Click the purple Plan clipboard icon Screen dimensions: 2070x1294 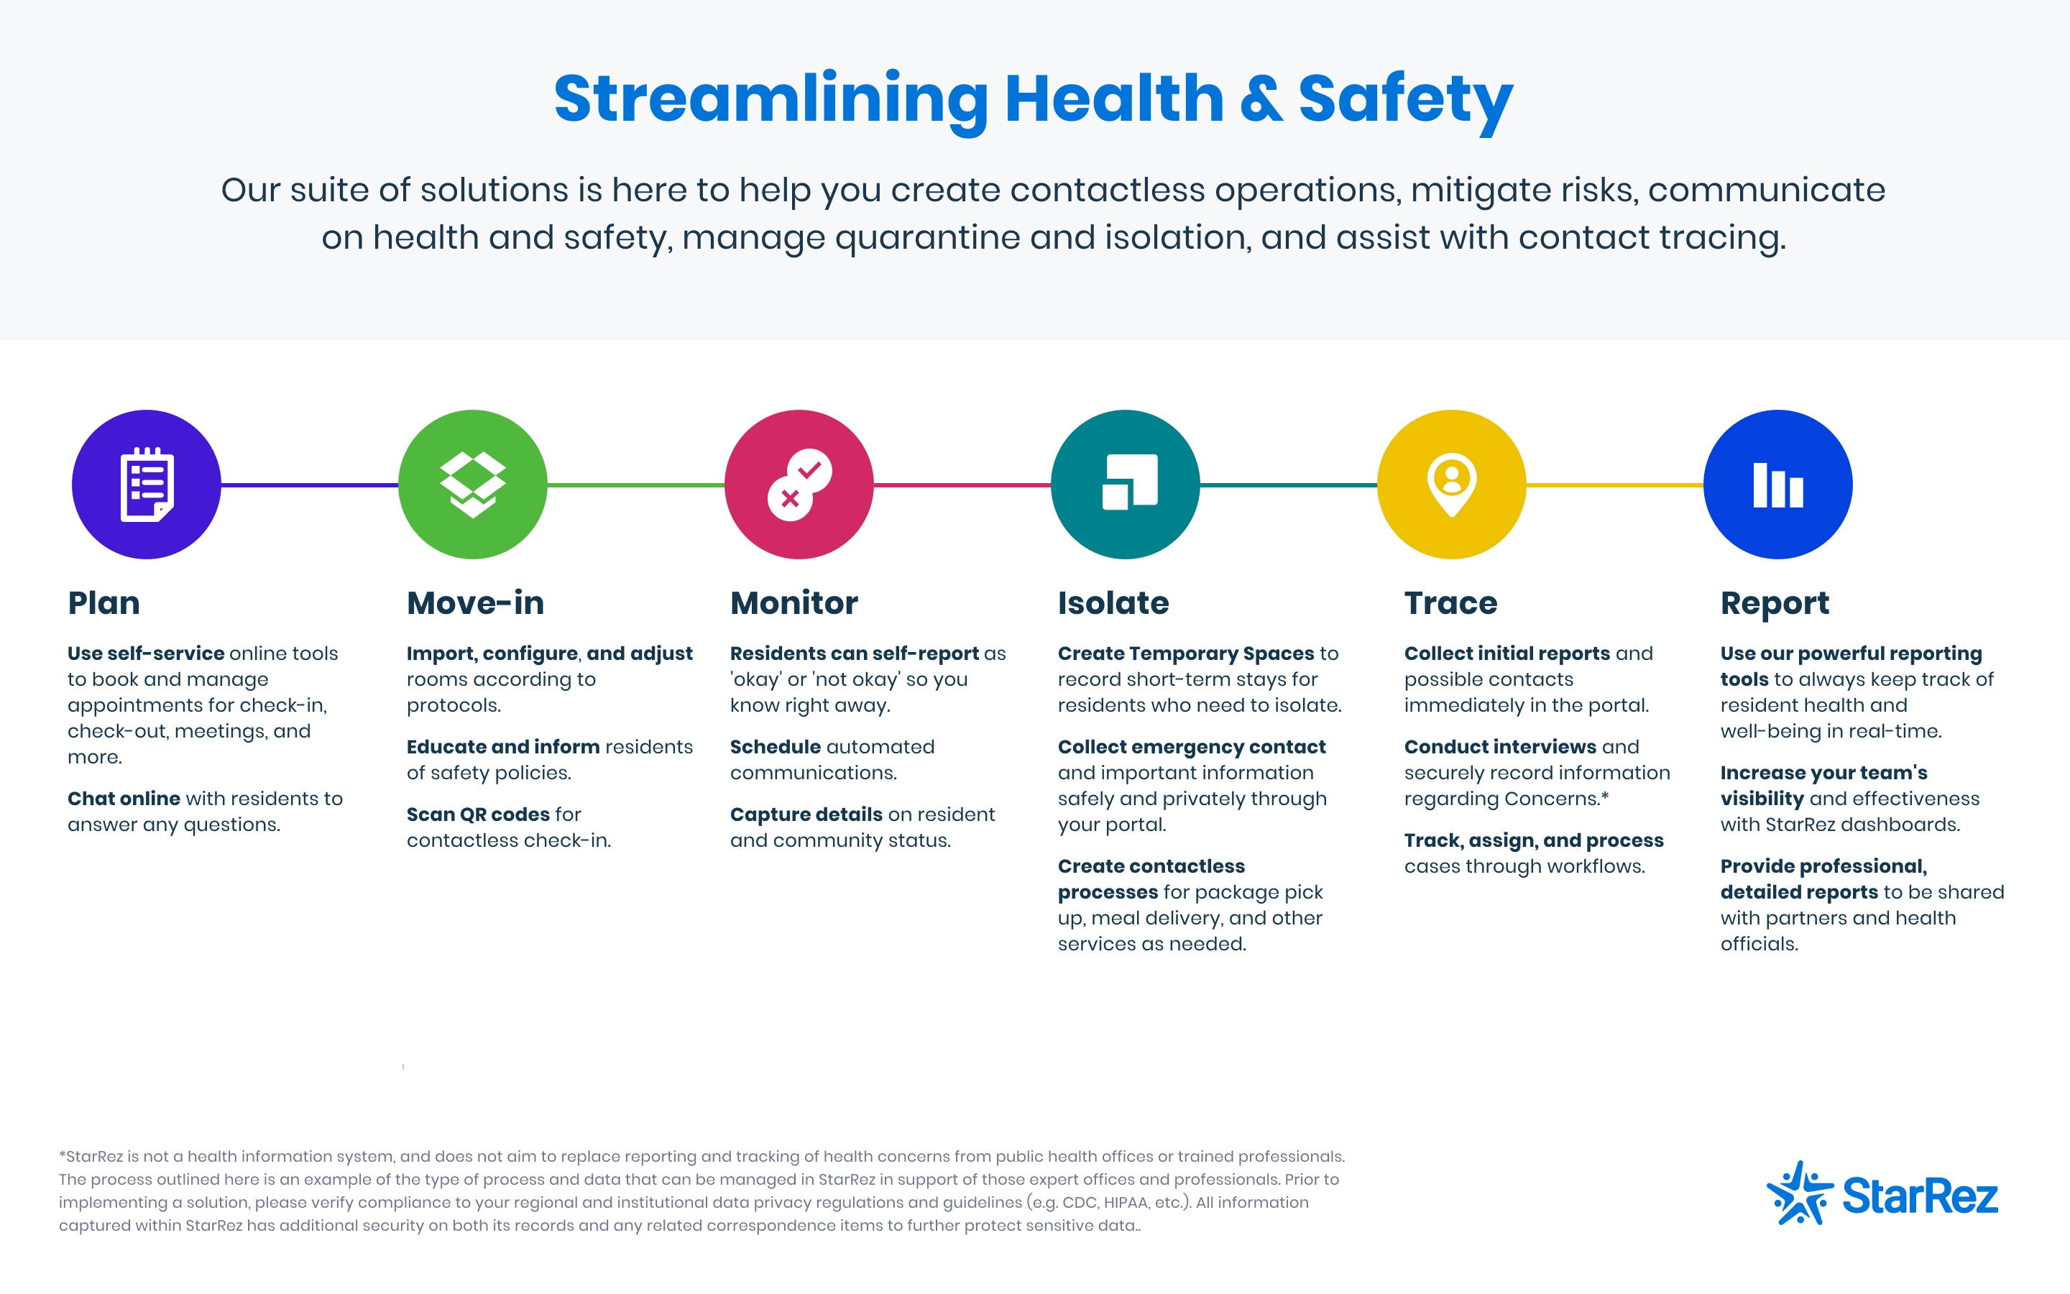coord(147,485)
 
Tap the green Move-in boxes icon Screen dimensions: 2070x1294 coord(472,485)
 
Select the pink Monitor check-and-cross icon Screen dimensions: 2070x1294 coord(799,485)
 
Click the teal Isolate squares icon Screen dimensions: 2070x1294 coord(1125,485)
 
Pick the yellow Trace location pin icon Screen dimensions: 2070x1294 coord(1452,485)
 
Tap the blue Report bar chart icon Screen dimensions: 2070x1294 coord(1777,485)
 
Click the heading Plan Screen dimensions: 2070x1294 coord(103,603)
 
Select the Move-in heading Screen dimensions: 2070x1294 coord(476,603)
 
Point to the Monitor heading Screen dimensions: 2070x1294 coord(793,603)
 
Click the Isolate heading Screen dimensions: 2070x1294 coord(1113,603)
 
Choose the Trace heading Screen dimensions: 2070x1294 coord(1450,603)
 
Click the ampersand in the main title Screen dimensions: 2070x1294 coord(1261,99)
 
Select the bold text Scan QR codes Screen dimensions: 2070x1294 coord(489,815)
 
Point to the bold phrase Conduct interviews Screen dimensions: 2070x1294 coord(1500,747)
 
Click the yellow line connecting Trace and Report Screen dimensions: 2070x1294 coord(1615,485)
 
